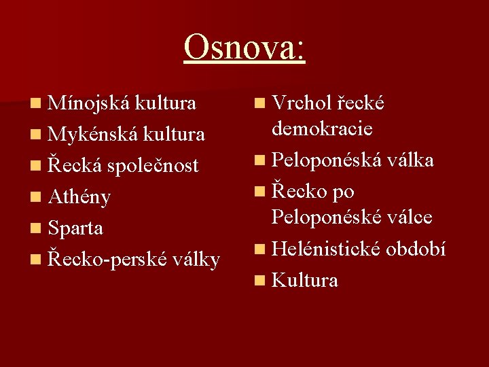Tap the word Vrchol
[x=299, y=103]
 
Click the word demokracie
[x=323, y=128]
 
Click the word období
[x=416, y=249]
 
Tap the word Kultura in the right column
[x=304, y=280]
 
